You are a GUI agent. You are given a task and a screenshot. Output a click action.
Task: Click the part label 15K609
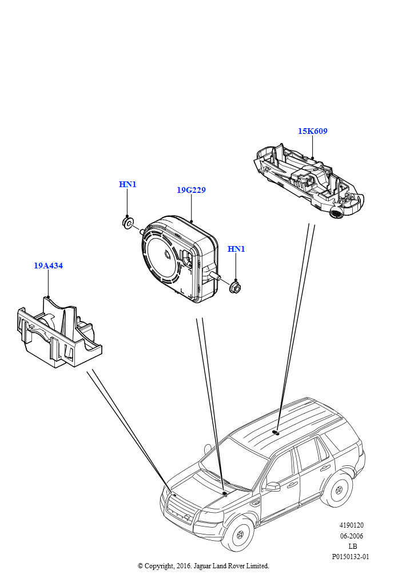[312, 131]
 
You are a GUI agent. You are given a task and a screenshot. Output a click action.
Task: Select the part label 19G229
[191, 190]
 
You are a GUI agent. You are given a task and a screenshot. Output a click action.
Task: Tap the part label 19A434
[49, 266]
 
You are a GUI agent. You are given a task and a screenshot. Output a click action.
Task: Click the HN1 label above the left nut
[128, 184]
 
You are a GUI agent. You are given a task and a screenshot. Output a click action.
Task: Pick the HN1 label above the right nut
[236, 249]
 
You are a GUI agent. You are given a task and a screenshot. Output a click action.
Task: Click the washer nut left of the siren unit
[128, 223]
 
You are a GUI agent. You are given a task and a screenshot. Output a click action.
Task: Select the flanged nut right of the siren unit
[235, 287]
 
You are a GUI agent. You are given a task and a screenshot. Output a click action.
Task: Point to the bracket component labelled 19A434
[58, 331]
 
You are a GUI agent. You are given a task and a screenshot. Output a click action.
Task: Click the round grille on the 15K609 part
[336, 214]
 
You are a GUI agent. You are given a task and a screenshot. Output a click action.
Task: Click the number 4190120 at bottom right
[351, 525]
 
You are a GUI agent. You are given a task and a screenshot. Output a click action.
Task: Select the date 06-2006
[351, 536]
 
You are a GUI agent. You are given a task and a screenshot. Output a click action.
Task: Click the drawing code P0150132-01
[351, 556]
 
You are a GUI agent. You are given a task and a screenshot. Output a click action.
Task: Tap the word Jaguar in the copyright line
[202, 566]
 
